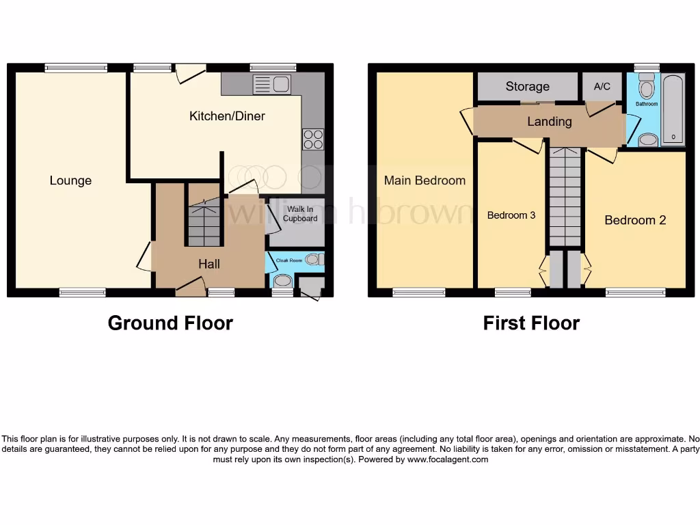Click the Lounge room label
pos(70,180)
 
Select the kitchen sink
pos(272,85)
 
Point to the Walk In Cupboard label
pos(301,214)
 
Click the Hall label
pos(209,264)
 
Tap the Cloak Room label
pos(289,260)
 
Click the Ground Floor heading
pos(170,323)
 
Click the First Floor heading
pos(531,323)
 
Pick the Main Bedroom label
pos(425,180)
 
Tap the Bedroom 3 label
pos(511,215)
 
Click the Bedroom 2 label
pos(635,220)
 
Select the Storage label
pos(527,86)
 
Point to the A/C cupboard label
pos(602,86)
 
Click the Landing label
pos(549,122)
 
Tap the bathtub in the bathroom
pos(673,109)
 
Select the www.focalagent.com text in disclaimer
pos(448,460)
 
